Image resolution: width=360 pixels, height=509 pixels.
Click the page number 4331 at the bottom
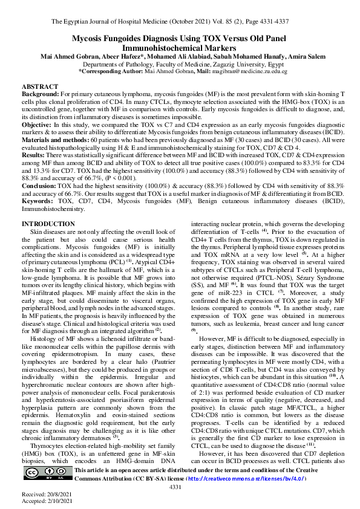175,487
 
